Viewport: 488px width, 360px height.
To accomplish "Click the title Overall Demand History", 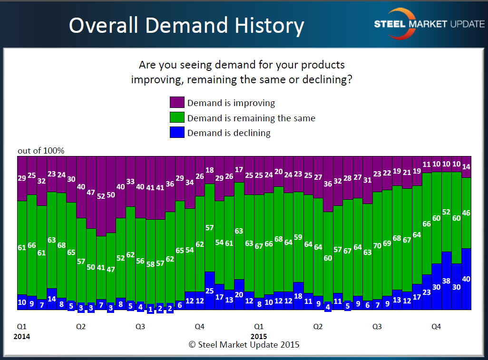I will (186, 26).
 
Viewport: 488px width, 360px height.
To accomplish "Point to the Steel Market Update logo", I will (429, 24).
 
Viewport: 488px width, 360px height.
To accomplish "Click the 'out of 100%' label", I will (41, 151).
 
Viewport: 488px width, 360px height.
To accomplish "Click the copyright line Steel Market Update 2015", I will (244, 344).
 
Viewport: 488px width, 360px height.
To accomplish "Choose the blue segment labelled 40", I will (466, 279).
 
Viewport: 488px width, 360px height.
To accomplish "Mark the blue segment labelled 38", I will (447, 281).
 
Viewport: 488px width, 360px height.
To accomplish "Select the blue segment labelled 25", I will (209, 291).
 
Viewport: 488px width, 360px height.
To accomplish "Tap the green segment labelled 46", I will (466, 213).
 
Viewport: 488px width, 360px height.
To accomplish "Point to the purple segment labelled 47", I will (91, 193).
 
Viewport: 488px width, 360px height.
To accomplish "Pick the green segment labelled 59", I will (298, 237).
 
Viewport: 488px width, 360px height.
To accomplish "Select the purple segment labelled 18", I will (209, 170).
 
